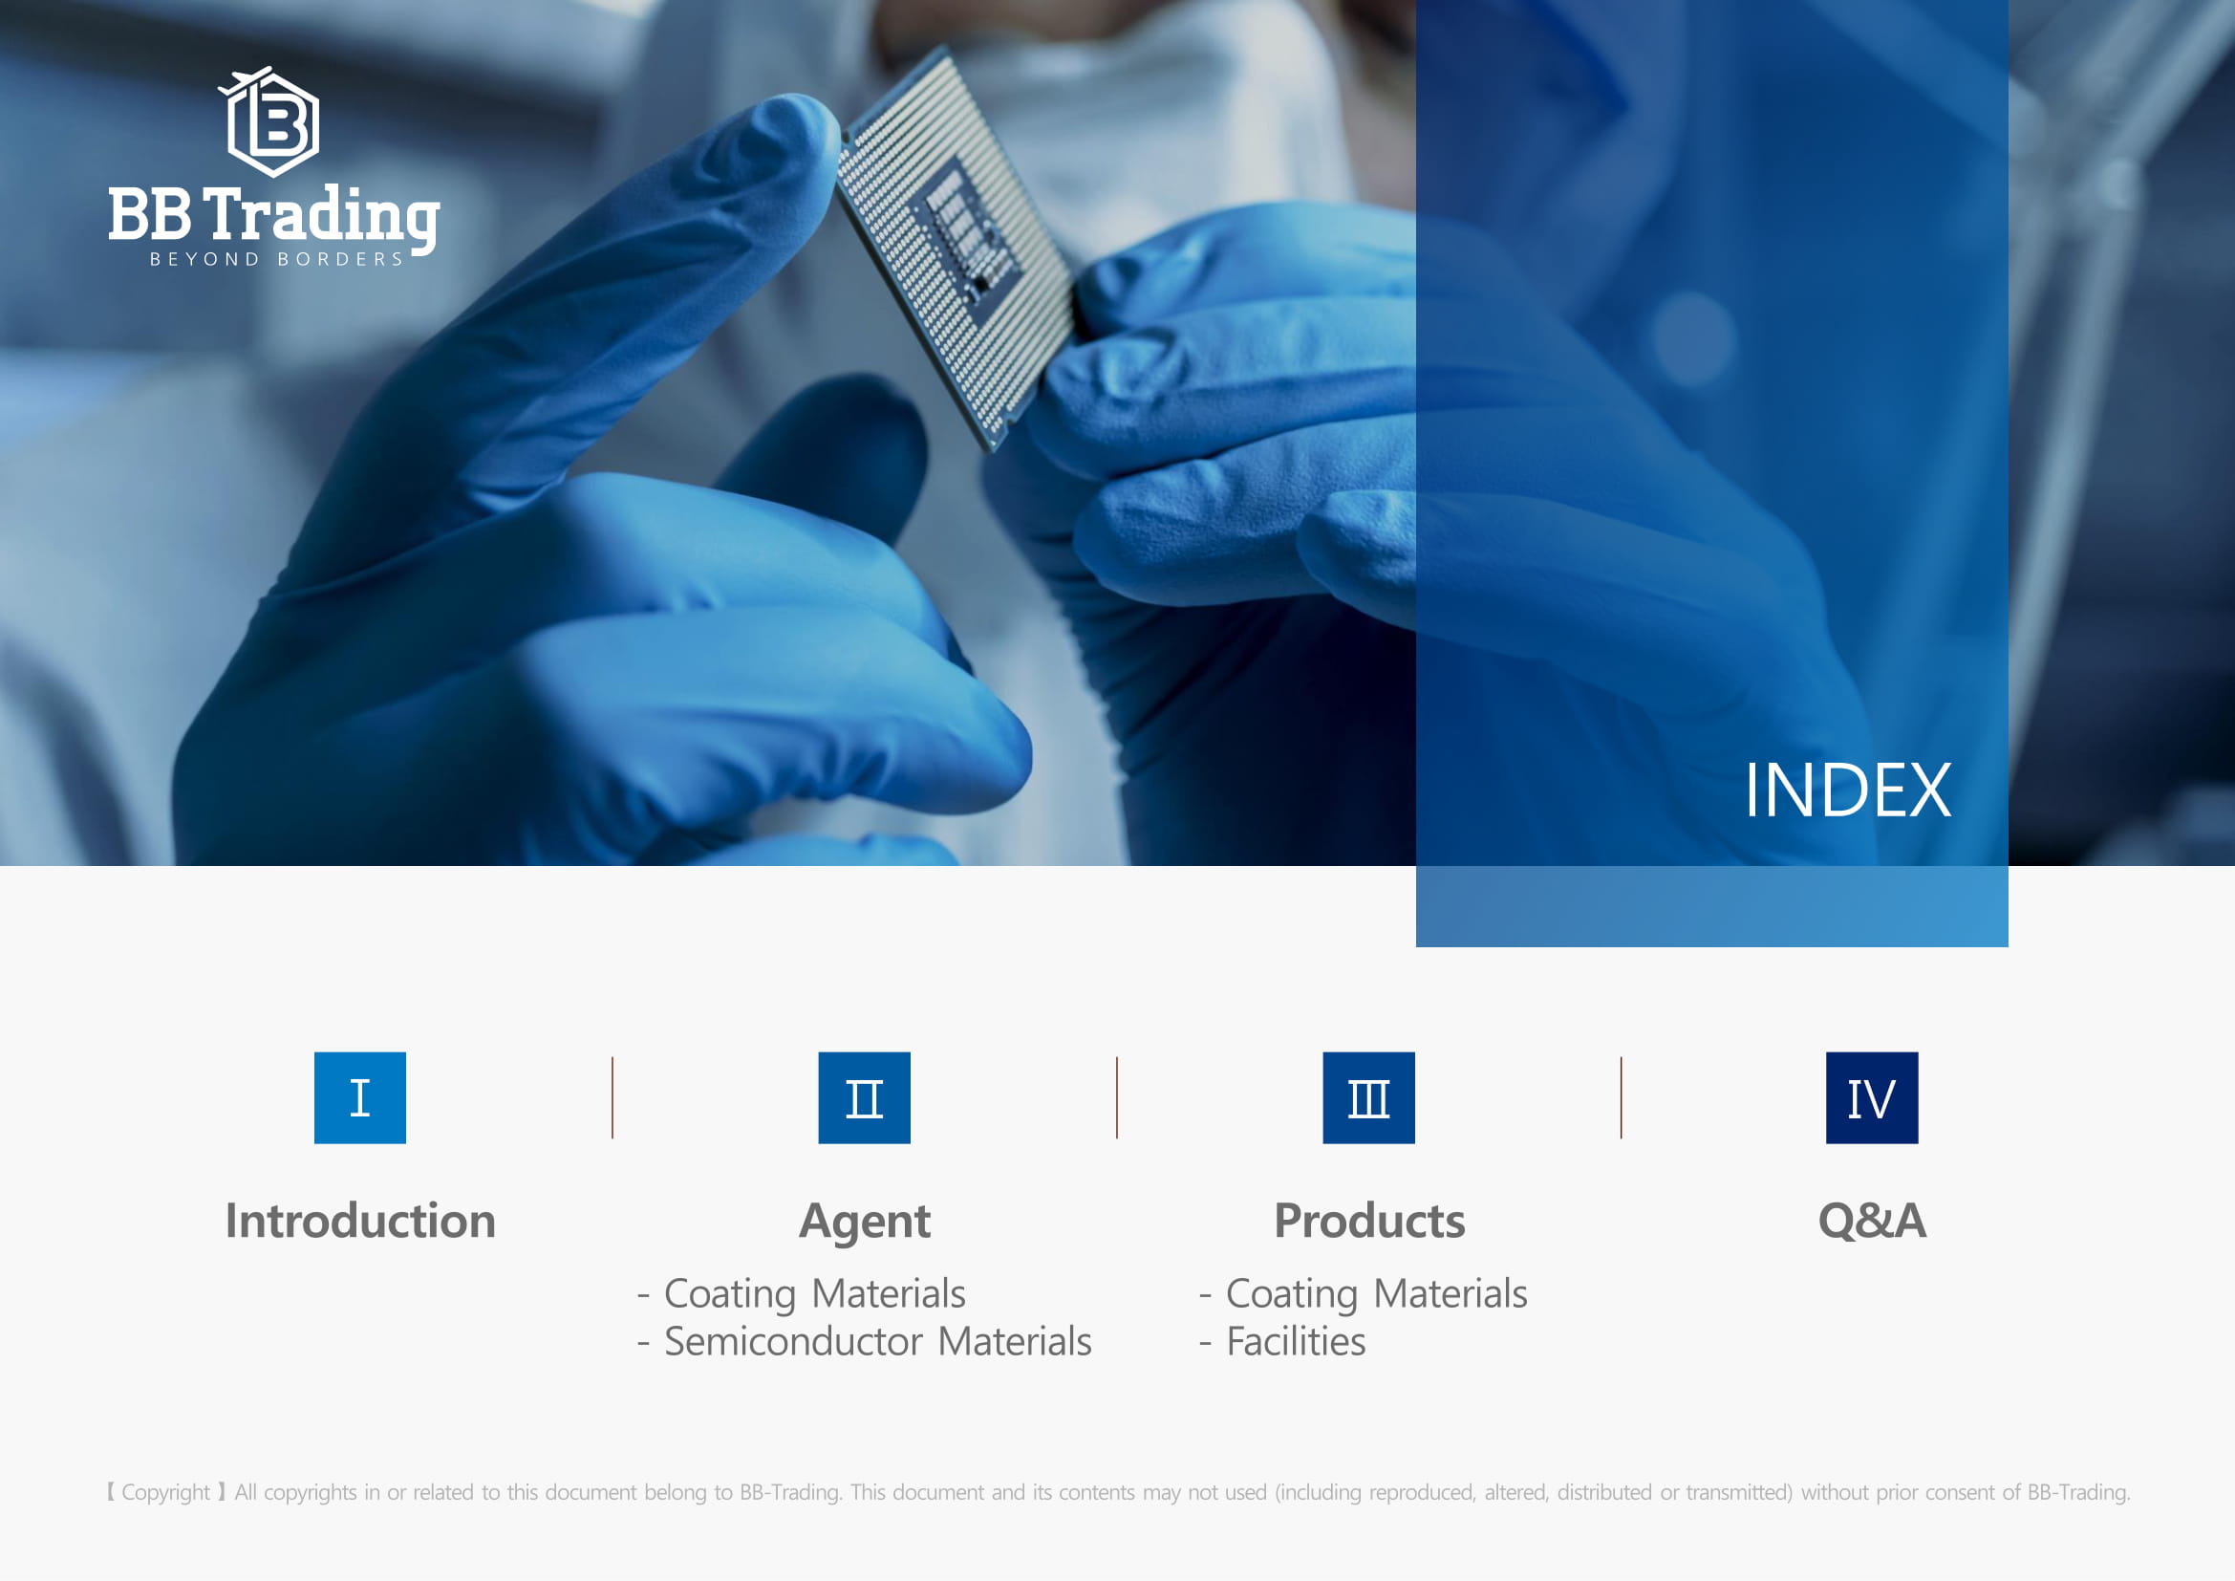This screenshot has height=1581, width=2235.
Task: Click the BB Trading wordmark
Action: [273, 215]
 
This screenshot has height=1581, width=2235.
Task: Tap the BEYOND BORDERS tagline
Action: [276, 259]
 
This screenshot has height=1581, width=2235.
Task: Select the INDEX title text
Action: [1847, 790]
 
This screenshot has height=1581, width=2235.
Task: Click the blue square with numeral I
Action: [360, 1097]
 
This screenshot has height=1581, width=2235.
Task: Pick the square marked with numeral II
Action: [865, 1097]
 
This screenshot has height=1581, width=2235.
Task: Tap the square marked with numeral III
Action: [1368, 1097]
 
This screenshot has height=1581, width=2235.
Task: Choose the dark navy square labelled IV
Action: [1872, 1097]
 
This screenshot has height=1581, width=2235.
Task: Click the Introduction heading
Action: [360, 1220]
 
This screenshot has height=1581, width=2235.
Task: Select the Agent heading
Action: [865, 1222]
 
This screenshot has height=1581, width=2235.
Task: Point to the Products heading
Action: [1368, 1220]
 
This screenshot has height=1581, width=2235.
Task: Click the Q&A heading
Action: [1872, 1220]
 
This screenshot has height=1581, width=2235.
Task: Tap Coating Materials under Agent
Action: [815, 1294]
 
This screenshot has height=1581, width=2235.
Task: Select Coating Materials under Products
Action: [1376, 1294]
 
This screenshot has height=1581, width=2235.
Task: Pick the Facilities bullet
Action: [1296, 1341]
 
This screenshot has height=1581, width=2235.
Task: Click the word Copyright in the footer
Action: [165, 1492]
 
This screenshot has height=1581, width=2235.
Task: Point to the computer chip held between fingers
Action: [958, 248]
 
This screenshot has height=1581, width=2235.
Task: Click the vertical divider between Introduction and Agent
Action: [612, 1097]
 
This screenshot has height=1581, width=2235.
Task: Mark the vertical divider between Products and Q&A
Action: [1621, 1097]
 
